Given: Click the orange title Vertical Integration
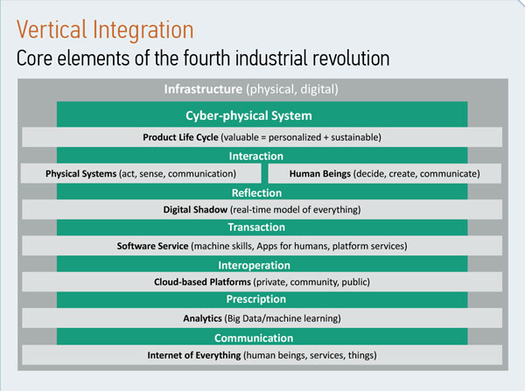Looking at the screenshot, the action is [x=105, y=30].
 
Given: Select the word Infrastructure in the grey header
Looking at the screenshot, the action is [x=203, y=89].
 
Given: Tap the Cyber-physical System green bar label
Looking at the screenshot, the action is [x=248, y=115].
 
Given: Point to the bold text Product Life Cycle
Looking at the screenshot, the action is [x=180, y=137].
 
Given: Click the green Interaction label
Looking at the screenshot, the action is [x=256, y=156].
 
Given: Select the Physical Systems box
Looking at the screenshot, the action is [x=141, y=173].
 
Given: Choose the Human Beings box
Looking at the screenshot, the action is [x=385, y=173].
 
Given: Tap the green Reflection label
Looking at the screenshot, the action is [x=256, y=192].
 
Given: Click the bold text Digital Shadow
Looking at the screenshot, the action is [x=195, y=210].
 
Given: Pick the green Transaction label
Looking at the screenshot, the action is [x=256, y=227].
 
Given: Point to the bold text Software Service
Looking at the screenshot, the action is [x=152, y=246].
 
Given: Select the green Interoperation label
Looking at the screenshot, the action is [x=254, y=265].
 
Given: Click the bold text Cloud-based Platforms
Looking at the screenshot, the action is [x=202, y=282].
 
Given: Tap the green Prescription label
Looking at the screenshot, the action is [x=256, y=299].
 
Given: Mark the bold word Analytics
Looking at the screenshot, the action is [x=203, y=318].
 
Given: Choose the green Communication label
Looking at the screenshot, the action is [x=254, y=339].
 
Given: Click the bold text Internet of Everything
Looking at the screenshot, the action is [x=194, y=355].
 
